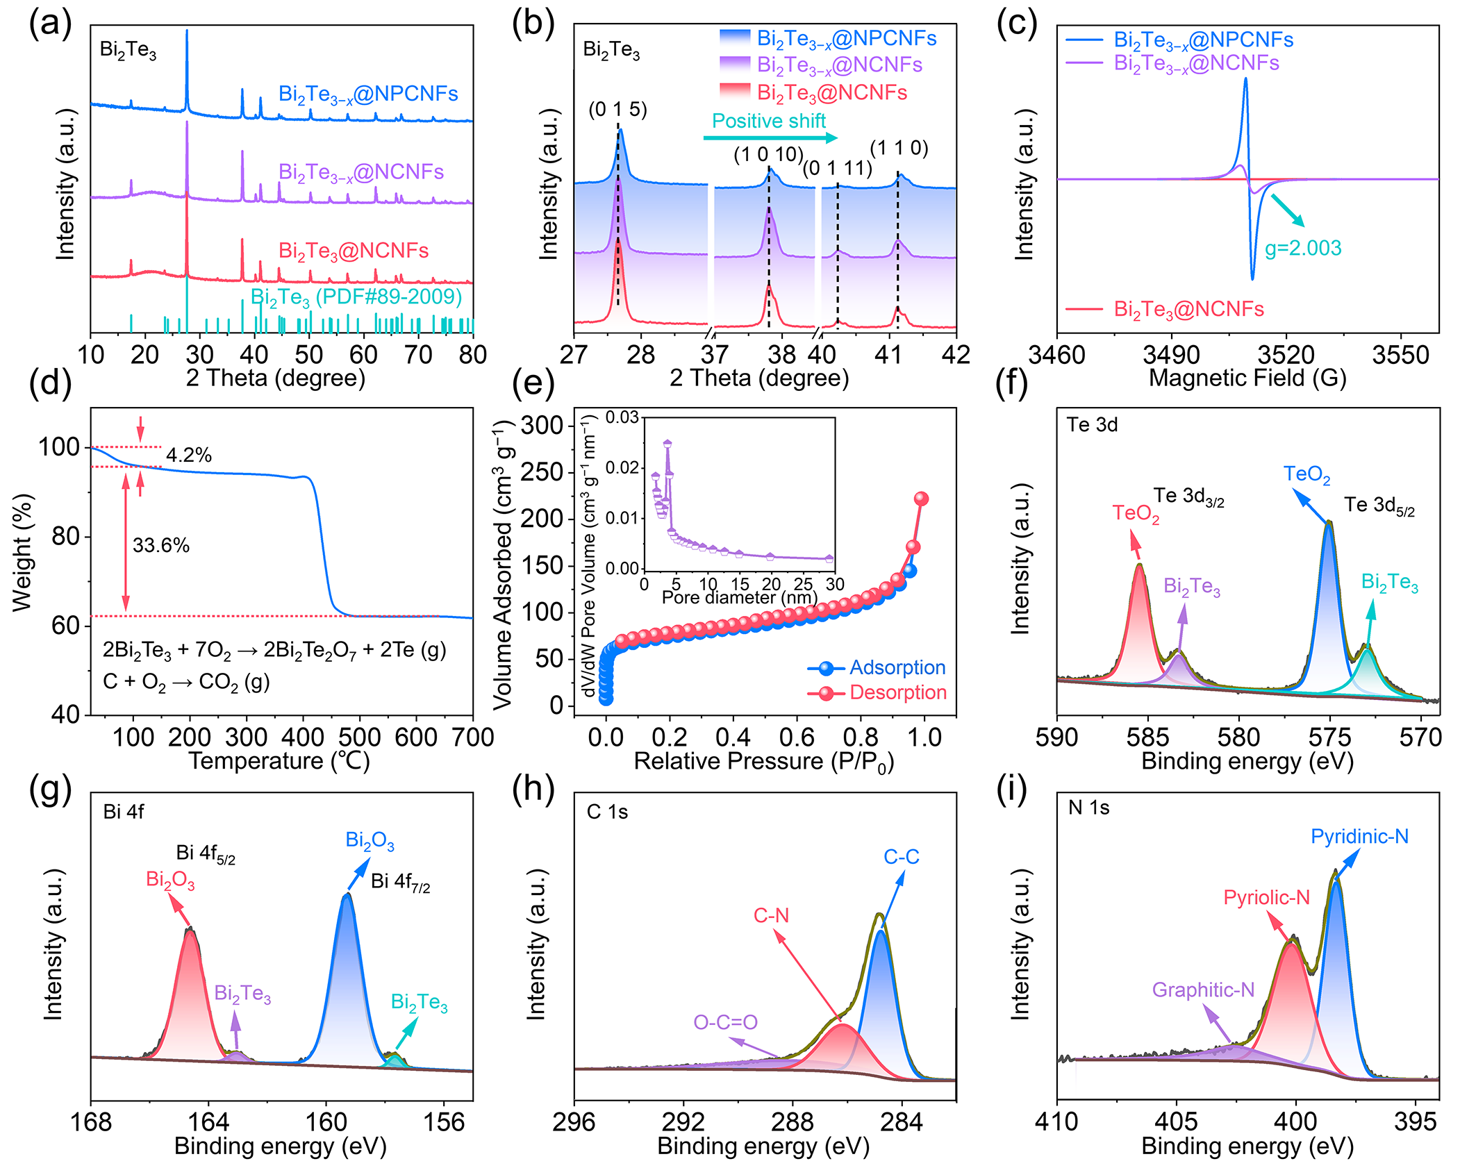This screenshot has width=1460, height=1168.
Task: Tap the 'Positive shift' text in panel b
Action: (768, 121)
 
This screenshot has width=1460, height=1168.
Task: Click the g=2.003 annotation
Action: (1302, 248)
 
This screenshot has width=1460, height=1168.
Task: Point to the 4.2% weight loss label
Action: (188, 455)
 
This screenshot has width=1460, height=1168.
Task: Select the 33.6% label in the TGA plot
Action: (160, 545)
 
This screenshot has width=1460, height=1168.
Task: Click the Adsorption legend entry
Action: (897, 667)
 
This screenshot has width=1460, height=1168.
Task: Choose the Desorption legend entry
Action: (897, 692)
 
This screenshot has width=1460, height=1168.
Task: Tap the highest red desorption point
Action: (921, 499)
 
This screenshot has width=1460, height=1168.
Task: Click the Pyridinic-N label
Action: (1359, 836)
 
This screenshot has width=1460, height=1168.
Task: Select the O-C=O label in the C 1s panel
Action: (724, 1021)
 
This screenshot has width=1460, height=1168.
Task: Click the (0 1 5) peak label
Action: (617, 109)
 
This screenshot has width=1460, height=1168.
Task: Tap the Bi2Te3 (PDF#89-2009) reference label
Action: (356, 297)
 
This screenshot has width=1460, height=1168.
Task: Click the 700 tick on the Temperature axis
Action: (472, 737)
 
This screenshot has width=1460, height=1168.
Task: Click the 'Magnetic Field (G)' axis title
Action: (1247, 378)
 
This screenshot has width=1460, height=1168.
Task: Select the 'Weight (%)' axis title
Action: (22, 553)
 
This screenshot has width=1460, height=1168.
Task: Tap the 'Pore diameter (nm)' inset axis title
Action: (739, 597)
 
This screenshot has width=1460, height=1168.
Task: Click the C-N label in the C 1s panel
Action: (771, 915)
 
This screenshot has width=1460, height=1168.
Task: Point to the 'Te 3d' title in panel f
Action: (1092, 424)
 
